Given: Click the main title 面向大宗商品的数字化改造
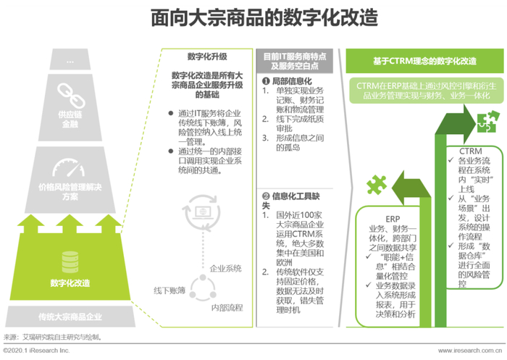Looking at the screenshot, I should [253, 17].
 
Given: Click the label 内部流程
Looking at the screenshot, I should [227, 308].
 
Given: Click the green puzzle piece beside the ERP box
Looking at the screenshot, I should [377, 184].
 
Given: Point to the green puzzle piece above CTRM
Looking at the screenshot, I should [485, 116].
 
